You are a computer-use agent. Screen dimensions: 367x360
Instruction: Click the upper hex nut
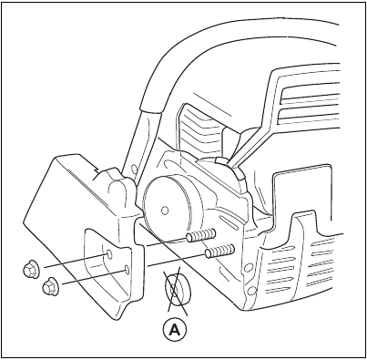tap(29, 269)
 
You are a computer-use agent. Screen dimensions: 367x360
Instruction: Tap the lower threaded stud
tap(219, 250)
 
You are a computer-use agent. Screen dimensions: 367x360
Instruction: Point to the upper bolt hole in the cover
tap(107, 252)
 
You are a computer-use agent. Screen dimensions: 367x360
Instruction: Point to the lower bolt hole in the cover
tap(127, 270)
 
